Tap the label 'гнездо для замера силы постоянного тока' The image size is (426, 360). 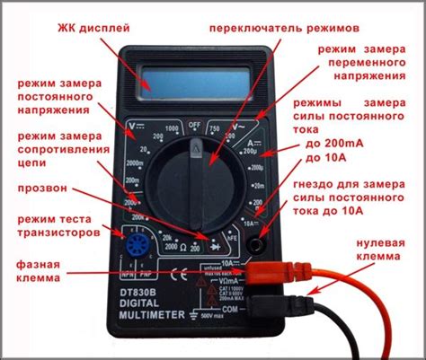tap(359, 199)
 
